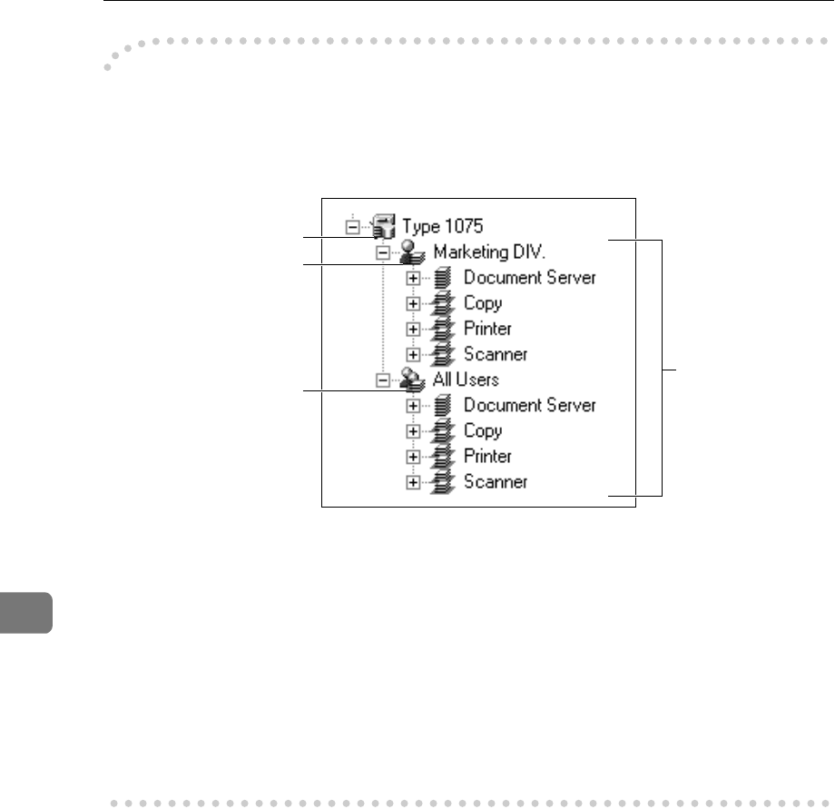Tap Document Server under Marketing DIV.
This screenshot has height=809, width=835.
[530, 278]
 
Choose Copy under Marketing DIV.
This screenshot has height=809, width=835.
[483, 303]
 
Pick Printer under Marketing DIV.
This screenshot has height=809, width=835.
[488, 329]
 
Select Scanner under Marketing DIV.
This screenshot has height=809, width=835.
[496, 354]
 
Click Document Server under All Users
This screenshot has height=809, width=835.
[530, 405]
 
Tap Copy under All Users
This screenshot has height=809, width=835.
[483, 430]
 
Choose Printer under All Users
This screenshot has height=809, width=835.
[488, 456]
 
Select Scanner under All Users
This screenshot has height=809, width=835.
[496, 481]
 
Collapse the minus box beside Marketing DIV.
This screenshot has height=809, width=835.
[383, 252]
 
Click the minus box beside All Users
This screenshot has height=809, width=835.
[383, 380]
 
